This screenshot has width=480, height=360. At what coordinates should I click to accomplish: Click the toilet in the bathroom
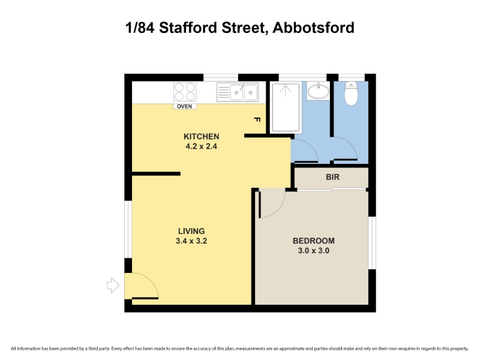click(x=351, y=94)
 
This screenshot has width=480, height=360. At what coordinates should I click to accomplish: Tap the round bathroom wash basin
click(x=319, y=91)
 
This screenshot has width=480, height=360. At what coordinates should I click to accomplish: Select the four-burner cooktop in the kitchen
click(x=185, y=92)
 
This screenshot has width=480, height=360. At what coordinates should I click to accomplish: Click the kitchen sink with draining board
click(x=238, y=92)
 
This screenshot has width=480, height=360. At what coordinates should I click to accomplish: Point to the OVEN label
click(x=185, y=106)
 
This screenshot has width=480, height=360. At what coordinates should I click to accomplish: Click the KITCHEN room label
click(x=202, y=137)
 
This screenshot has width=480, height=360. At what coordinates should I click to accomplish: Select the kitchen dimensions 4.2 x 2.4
click(x=202, y=146)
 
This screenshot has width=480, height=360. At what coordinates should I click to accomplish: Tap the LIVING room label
click(x=191, y=231)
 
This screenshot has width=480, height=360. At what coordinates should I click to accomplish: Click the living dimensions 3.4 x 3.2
click(x=191, y=241)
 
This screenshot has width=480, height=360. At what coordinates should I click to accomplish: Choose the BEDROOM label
click(x=313, y=241)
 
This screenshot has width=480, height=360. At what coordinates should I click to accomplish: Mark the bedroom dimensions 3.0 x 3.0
click(x=313, y=251)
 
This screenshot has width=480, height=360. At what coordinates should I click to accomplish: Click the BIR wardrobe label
click(x=333, y=177)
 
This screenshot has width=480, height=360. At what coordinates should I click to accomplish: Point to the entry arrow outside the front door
click(x=113, y=286)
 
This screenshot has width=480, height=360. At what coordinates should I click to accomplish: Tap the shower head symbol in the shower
click(x=286, y=90)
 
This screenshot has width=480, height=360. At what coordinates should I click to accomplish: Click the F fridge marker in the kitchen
click(x=257, y=119)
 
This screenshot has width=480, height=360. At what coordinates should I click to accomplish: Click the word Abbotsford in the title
click(x=313, y=28)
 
